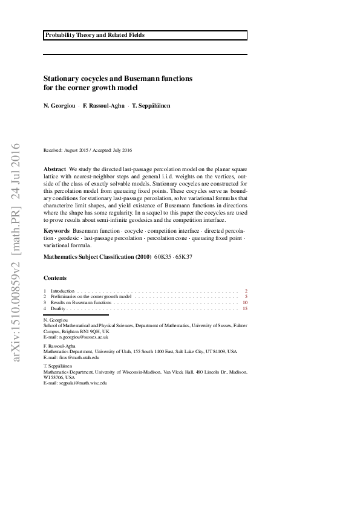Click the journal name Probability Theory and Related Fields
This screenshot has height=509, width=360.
(x=94, y=36)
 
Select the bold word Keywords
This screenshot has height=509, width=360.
(x=57, y=231)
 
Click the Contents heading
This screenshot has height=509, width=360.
(x=55, y=278)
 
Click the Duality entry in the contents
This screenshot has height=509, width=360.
(x=59, y=309)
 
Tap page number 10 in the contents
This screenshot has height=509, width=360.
(x=245, y=303)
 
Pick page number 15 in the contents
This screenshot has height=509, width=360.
(x=245, y=309)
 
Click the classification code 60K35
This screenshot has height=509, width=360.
(x=163, y=257)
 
